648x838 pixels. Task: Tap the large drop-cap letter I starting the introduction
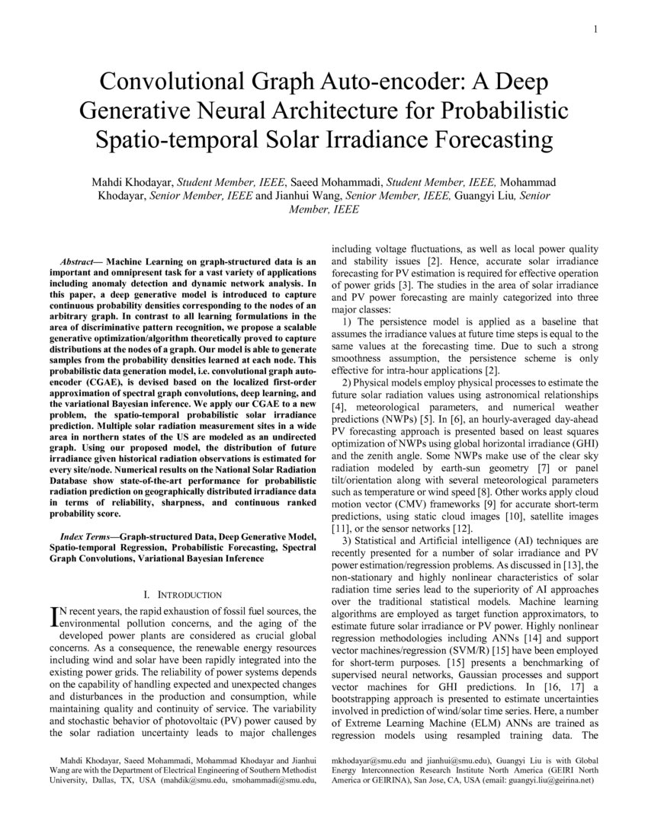pos(53,616)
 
